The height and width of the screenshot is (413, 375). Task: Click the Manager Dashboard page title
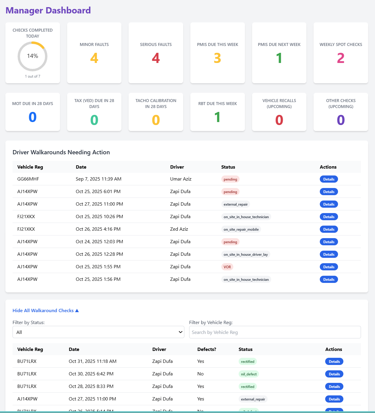pos(48,10)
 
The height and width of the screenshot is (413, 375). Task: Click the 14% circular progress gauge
pos(33,56)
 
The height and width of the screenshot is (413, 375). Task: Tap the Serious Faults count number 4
pos(156,58)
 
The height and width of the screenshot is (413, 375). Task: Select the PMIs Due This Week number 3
pos(217,58)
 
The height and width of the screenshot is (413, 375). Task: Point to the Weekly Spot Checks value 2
pos(341,58)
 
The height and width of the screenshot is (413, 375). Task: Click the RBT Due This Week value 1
pos(217,117)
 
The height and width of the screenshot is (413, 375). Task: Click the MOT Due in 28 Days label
pos(33,104)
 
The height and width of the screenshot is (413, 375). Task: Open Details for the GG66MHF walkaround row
pos(329,179)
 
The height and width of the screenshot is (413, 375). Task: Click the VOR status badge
pos(227,267)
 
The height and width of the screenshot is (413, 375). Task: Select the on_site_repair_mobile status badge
pos(241,229)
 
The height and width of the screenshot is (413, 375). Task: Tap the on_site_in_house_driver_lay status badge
pos(246,255)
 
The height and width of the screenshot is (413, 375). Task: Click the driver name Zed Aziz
pos(179,229)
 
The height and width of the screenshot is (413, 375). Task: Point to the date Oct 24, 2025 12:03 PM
pos(99,242)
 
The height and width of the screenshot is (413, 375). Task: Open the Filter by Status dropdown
pos(98,332)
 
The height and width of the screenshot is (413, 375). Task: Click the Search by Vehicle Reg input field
pos(275,332)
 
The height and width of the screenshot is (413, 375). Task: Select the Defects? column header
pos(207,349)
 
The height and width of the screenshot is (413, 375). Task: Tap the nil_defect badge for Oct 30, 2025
pos(249,374)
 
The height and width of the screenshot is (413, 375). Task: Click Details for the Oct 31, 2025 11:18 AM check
pos(334,362)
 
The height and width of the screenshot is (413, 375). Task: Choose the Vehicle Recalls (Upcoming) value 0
pos(279,120)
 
